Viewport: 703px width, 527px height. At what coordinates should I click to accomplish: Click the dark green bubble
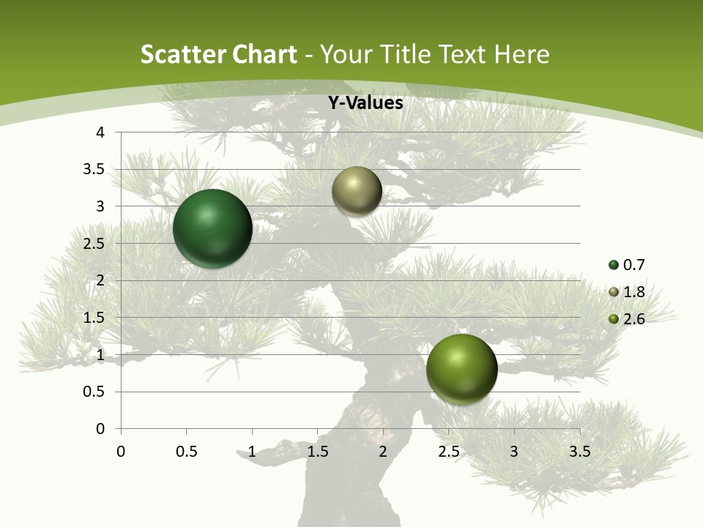tap(212, 228)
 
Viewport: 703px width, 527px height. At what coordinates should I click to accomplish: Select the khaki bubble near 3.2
tap(357, 191)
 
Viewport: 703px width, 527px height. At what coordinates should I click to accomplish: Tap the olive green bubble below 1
tap(461, 369)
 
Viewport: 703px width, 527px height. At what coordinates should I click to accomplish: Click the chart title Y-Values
tap(365, 103)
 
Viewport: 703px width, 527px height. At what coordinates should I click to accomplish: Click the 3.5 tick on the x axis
tap(579, 452)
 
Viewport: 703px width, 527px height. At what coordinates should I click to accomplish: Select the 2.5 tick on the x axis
tap(448, 452)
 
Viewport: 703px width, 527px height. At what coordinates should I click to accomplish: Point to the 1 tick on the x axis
tap(252, 452)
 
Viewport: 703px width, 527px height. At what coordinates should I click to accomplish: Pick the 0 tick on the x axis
tap(121, 452)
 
